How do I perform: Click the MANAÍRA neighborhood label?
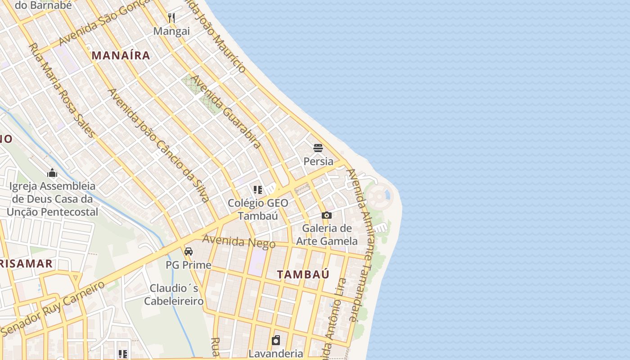point(121,55)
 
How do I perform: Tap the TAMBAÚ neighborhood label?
point(303,274)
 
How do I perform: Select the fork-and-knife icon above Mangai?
point(171,18)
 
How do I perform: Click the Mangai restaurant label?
point(171,31)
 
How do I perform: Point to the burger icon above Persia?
point(318,148)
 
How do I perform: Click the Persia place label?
point(319,161)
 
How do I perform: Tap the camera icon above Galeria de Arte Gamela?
point(327,215)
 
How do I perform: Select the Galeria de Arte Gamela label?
point(327,234)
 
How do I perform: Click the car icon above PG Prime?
point(189,251)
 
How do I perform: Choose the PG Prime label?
point(189,265)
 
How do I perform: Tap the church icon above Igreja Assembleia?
point(52,173)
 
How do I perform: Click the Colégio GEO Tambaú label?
point(258,209)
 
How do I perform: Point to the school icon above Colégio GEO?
point(258,189)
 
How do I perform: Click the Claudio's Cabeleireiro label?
point(174,294)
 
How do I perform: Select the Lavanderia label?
point(276,353)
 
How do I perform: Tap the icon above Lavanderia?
point(276,340)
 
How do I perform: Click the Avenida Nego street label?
point(238,241)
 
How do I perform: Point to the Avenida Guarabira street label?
point(226,112)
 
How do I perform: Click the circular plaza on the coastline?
point(379,196)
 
